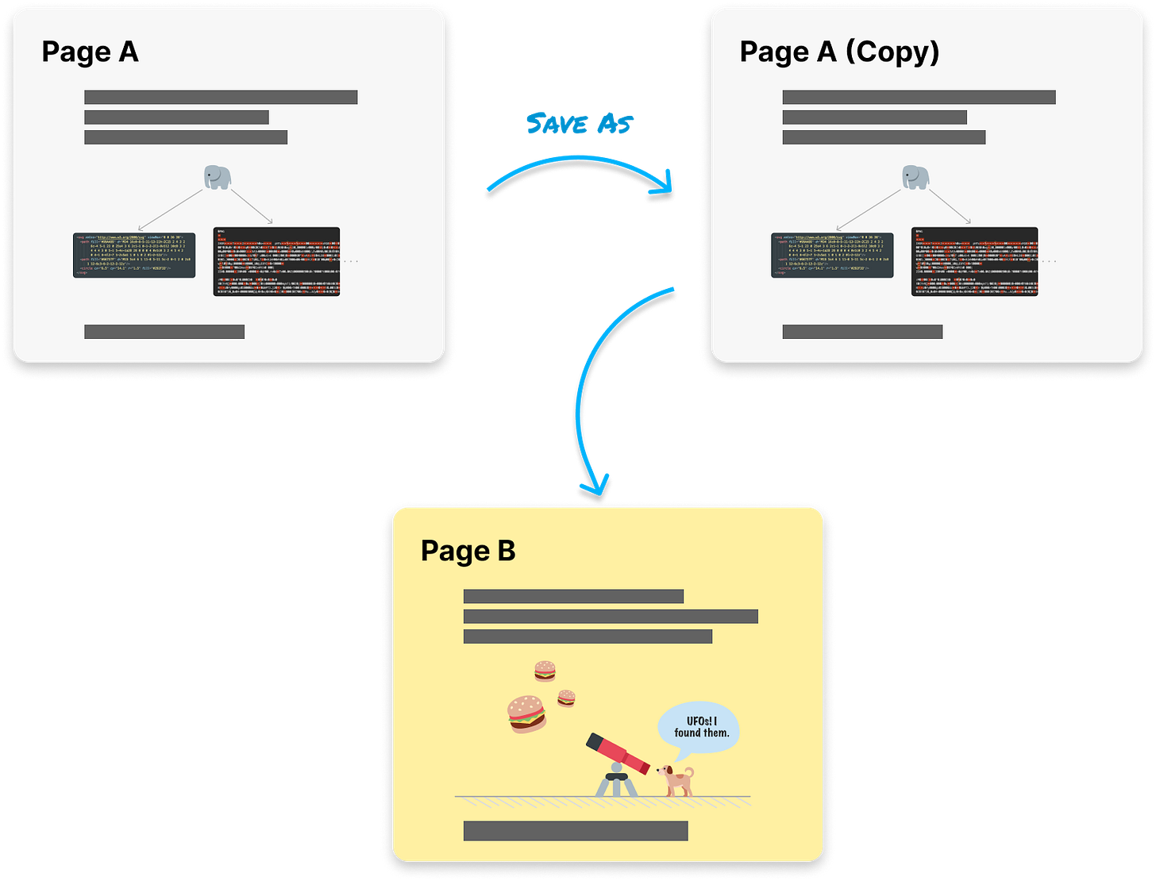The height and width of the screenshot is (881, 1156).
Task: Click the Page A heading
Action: (90, 53)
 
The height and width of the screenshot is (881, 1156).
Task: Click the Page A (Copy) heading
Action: (839, 53)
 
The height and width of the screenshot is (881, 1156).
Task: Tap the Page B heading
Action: (468, 551)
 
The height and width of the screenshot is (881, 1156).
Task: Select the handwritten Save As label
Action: (580, 124)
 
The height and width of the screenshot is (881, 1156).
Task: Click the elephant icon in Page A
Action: (218, 177)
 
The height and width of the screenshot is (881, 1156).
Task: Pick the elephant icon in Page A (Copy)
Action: (915, 177)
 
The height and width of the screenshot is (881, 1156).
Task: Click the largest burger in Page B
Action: (526, 713)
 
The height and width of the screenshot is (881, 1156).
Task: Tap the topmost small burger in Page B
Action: (545, 671)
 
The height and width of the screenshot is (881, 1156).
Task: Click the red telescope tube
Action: (618, 754)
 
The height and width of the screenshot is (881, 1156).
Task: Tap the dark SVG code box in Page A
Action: (134, 255)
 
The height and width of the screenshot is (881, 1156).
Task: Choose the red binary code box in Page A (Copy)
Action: (974, 262)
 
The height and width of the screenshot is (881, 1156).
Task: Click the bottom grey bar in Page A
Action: (164, 332)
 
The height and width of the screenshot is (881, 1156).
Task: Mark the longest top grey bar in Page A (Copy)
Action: (919, 98)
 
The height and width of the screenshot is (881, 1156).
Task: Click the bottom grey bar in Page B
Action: (576, 831)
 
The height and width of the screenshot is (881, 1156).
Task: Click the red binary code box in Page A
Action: (276, 262)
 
